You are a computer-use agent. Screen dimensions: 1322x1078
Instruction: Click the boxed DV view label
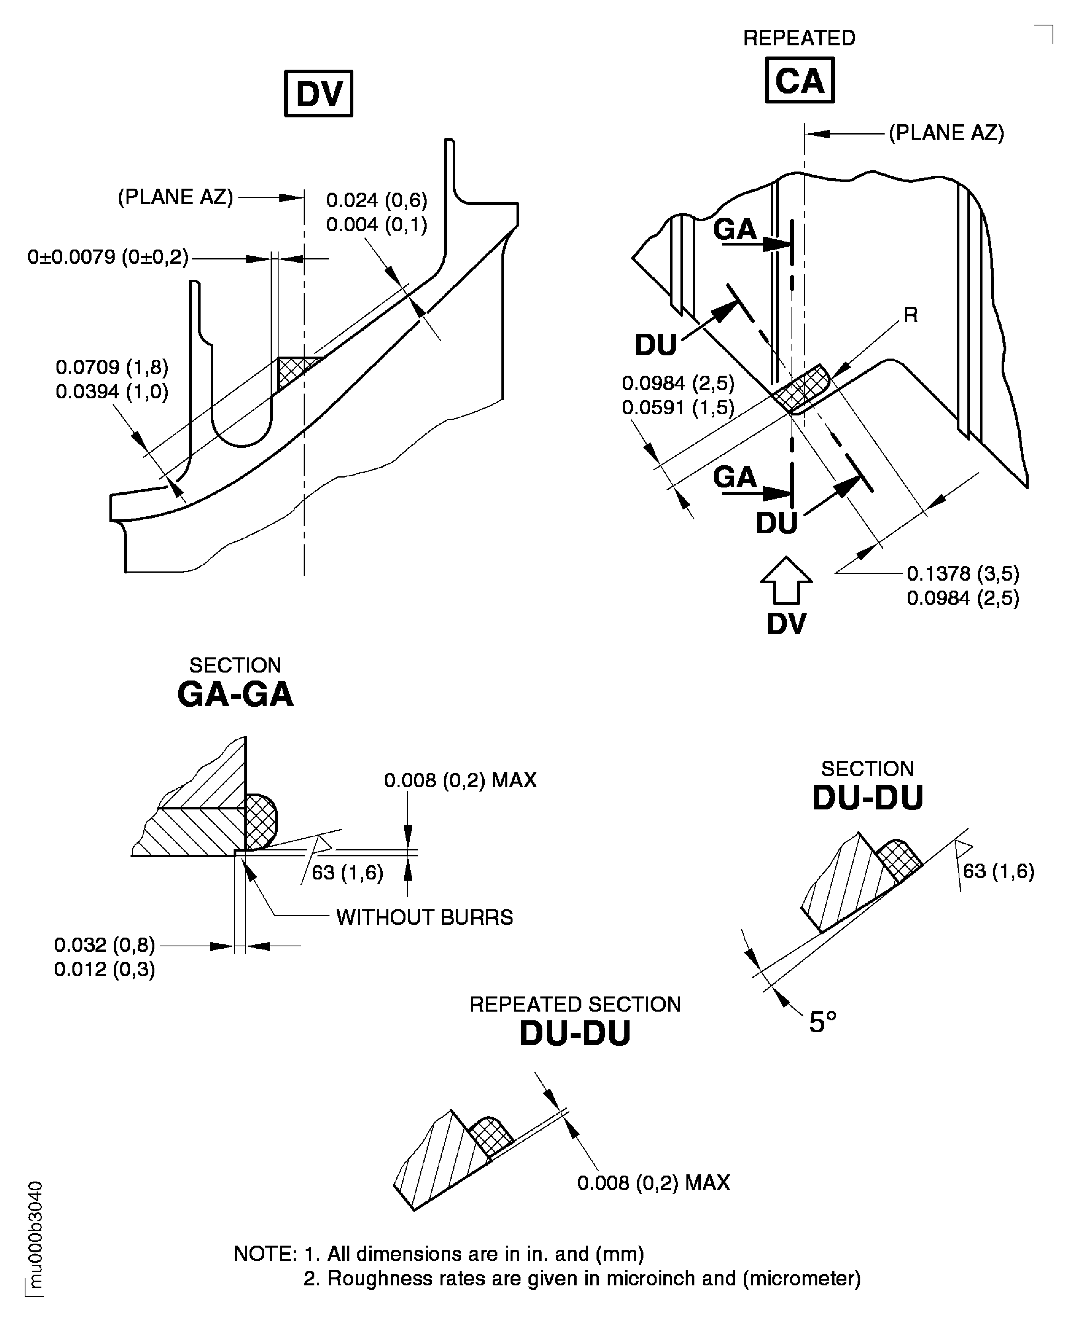319,94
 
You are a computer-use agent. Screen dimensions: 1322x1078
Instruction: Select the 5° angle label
822,1022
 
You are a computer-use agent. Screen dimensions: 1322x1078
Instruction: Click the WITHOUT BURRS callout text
424,917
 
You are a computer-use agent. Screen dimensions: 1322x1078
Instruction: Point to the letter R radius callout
910,315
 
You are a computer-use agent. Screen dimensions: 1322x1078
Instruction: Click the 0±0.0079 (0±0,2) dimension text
108,257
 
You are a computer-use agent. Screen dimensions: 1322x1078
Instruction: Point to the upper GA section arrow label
735,230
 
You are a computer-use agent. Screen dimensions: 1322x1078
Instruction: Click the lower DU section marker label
776,523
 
